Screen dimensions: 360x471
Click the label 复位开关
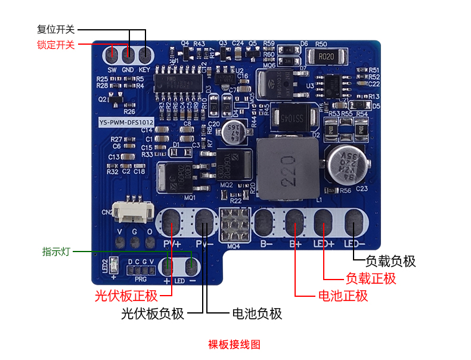[55, 29]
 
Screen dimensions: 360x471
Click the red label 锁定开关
[55, 44]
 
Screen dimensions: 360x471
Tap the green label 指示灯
[56, 252]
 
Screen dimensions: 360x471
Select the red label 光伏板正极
[126, 296]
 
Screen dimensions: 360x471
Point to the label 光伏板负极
[152, 314]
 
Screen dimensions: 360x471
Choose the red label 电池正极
[343, 296]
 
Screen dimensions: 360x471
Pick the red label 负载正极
[371, 278]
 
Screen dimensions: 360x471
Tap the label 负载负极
[391, 261]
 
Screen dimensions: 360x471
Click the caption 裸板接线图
[234, 344]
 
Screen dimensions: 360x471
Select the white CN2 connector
[134, 212]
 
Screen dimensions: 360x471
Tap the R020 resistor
[325, 57]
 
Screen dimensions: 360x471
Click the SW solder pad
[111, 55]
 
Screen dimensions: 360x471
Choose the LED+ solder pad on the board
[323, 223]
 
